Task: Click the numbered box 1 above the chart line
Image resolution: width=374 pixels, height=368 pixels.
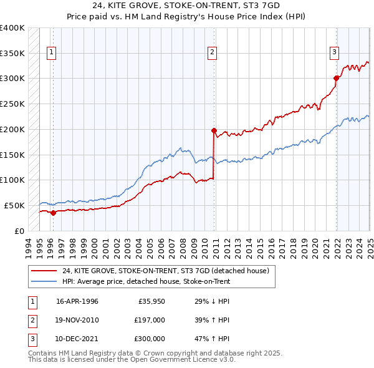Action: pyautogui.click(x=50, y=52)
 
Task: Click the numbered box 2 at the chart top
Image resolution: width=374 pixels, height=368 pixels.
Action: pyautogui.click(x=213, y=52)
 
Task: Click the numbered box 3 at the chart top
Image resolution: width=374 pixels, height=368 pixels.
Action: pyautogui.click(x=335, y=52)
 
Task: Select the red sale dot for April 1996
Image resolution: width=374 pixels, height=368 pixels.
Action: pyautogui.click(x=54, y=213)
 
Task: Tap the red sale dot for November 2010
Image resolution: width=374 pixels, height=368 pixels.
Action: pyautogui.click(x=214, y=131)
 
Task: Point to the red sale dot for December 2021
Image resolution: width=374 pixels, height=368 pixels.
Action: pyautogui.click(x=336, y=79)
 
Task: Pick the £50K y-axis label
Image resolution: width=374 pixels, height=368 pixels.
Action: pyautogui.click(x=14, y=205)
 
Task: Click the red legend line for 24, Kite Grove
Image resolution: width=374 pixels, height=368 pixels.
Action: pyautogui.click(x=45, y=271)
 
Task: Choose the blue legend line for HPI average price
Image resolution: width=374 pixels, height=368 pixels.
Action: pyautogui.click(x=45, y=281)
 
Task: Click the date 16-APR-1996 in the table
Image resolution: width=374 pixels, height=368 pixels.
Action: pyautogui.click(x=77, y=301)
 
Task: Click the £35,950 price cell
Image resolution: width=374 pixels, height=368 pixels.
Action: pyautogui.click(x=151, y=301)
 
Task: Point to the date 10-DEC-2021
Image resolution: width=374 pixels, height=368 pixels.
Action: pyautogui.click(x=77, y=339)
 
